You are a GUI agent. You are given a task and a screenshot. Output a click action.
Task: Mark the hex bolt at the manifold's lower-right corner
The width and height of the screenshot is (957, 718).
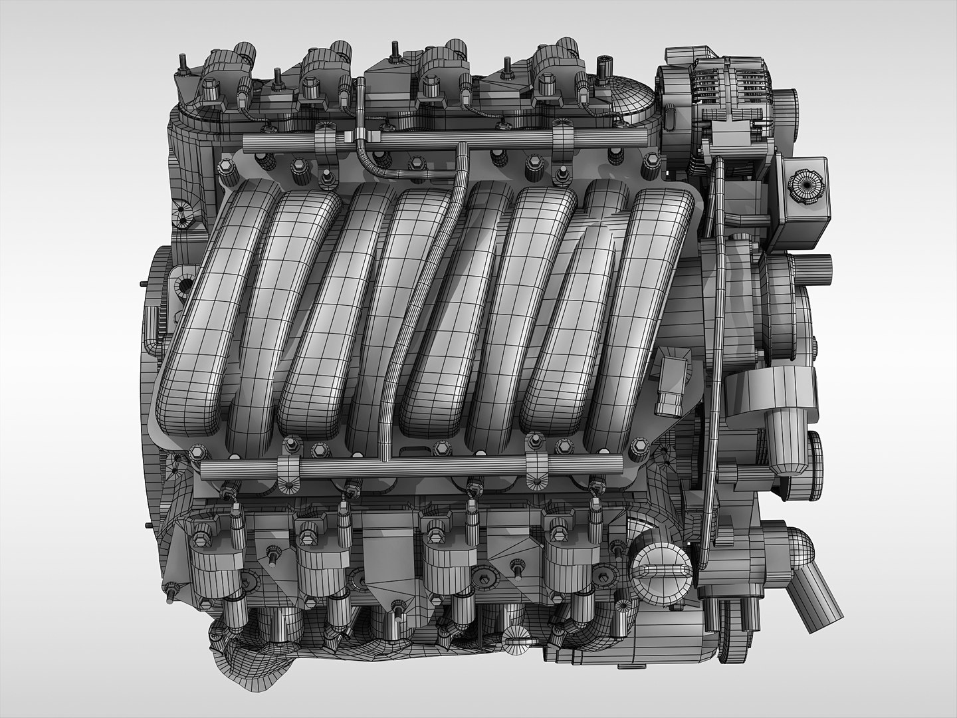639,444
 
